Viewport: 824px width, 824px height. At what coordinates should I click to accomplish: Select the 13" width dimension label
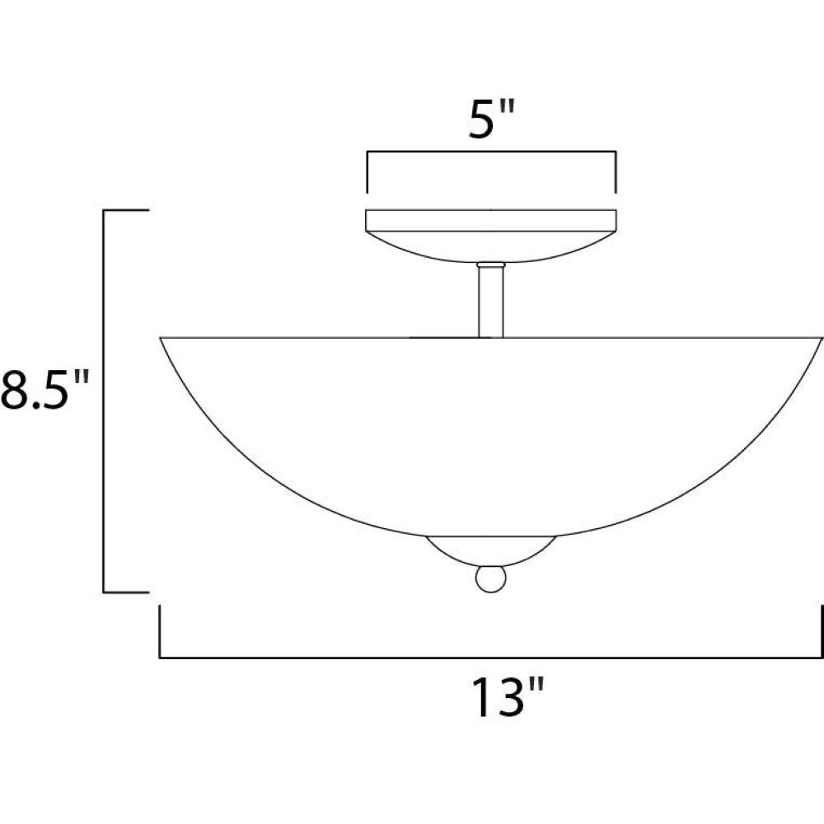coord(508,696)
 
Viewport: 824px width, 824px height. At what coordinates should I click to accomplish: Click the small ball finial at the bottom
coord(491,578)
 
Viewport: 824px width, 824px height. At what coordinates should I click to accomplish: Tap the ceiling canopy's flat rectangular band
coord(491,221)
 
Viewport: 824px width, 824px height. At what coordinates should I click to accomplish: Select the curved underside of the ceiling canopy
coord(491,246)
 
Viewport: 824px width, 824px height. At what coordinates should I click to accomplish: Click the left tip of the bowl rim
coord(161,337)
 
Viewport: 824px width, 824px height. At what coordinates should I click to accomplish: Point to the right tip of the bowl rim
coord(822,338)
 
